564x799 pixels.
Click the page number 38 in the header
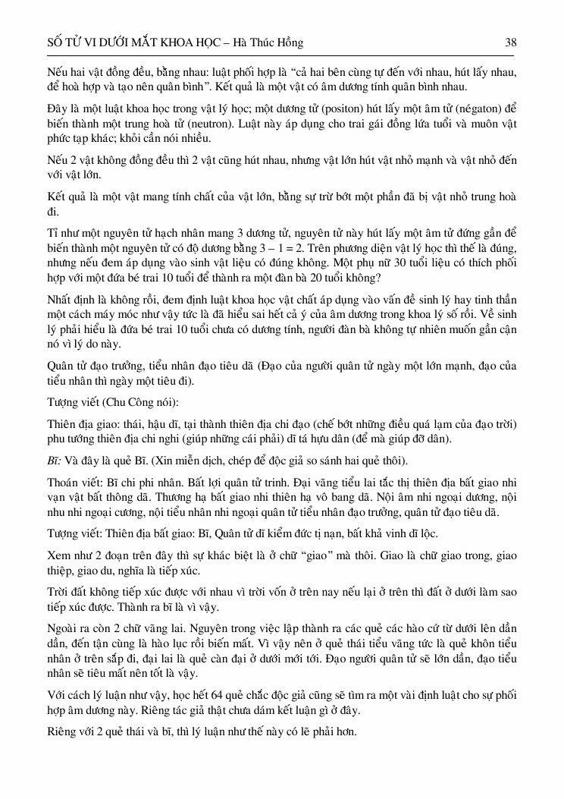pos(511,43)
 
